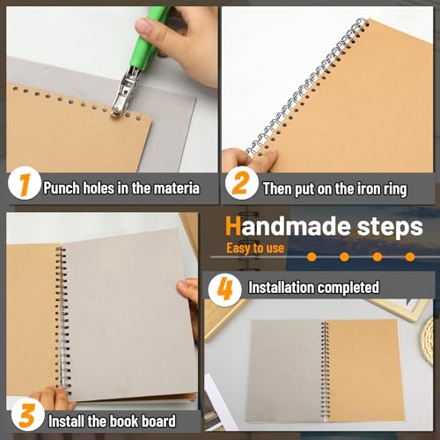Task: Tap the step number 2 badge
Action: click(237, 186)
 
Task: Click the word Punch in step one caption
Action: click(62, 187)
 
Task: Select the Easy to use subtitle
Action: click(255, 248)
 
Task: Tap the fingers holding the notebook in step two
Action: click(249, 158)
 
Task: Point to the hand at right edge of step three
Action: click(189, 304)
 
